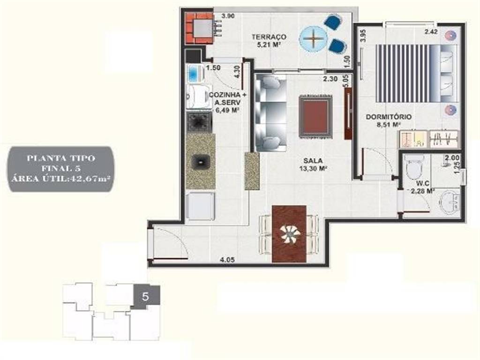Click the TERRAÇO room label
269,37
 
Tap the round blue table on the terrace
314,39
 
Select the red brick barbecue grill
199,28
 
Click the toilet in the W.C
414,166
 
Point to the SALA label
313,160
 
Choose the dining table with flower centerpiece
289,234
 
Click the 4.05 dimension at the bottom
227,260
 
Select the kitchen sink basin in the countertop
201,162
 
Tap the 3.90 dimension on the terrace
228,16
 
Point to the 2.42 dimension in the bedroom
431,31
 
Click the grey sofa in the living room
271,113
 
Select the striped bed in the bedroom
417,73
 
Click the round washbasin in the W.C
450,201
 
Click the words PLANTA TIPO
61,158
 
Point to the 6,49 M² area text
227,110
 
